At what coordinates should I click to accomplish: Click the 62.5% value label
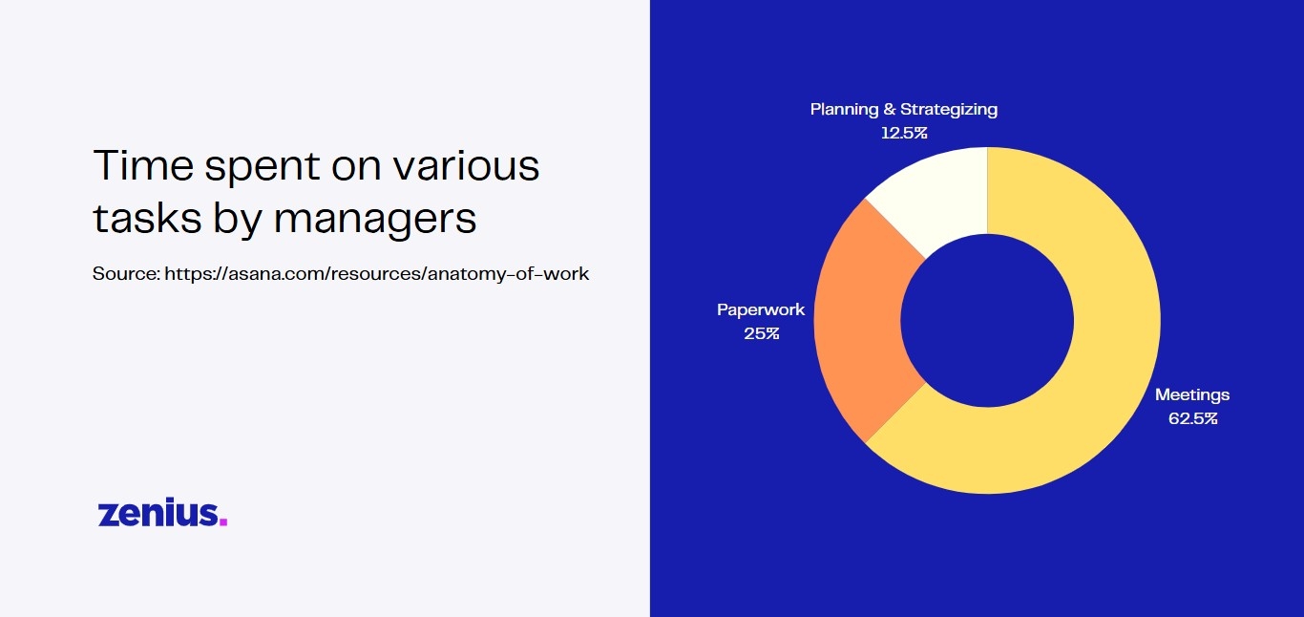click(1193, 418)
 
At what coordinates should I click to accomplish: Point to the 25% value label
click(762, 333)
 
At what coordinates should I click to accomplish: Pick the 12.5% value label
click(904, 133)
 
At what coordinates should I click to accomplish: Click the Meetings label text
click(1192, 395)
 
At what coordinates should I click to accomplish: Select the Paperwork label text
click(761, 309)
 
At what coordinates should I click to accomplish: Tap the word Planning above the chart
click(844, 110)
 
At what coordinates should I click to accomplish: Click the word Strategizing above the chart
click(949, 110)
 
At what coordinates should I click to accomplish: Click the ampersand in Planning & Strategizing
click(890, 109)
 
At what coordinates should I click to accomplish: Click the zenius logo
click(162, 513)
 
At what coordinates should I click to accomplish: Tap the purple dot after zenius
click(223, 521)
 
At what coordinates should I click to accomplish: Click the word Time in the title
click(142, 165)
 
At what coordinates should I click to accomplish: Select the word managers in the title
click(375, 219)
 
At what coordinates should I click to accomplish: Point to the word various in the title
click(466, 165)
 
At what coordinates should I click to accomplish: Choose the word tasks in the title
click(147, 219)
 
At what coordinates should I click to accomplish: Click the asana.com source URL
click(377, 274)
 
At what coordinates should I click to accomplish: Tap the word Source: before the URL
click(126, 274)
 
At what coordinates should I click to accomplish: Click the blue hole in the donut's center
click(987, 321)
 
